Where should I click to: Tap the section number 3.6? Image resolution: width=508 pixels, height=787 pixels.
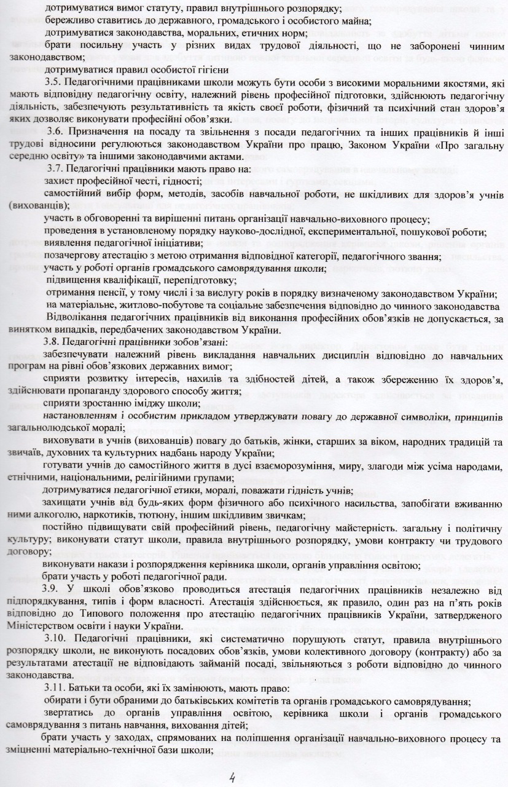(55, 134)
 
